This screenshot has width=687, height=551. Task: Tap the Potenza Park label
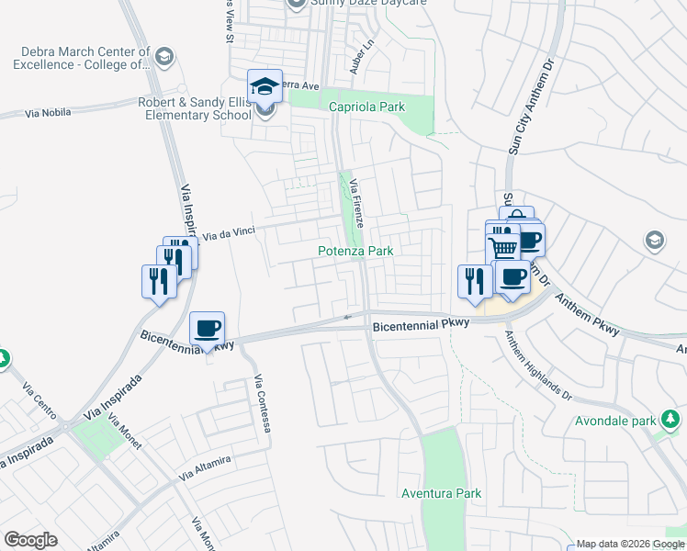[x=355, y=251]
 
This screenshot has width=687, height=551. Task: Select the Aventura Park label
[x=441, y=493]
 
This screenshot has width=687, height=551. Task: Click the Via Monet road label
[x=123, y=432]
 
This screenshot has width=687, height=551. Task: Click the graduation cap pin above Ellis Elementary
[x=265, y=87]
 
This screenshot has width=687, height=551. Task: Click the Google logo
[x=30, y=540]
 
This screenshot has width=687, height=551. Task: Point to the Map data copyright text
[x=630, y=544]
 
